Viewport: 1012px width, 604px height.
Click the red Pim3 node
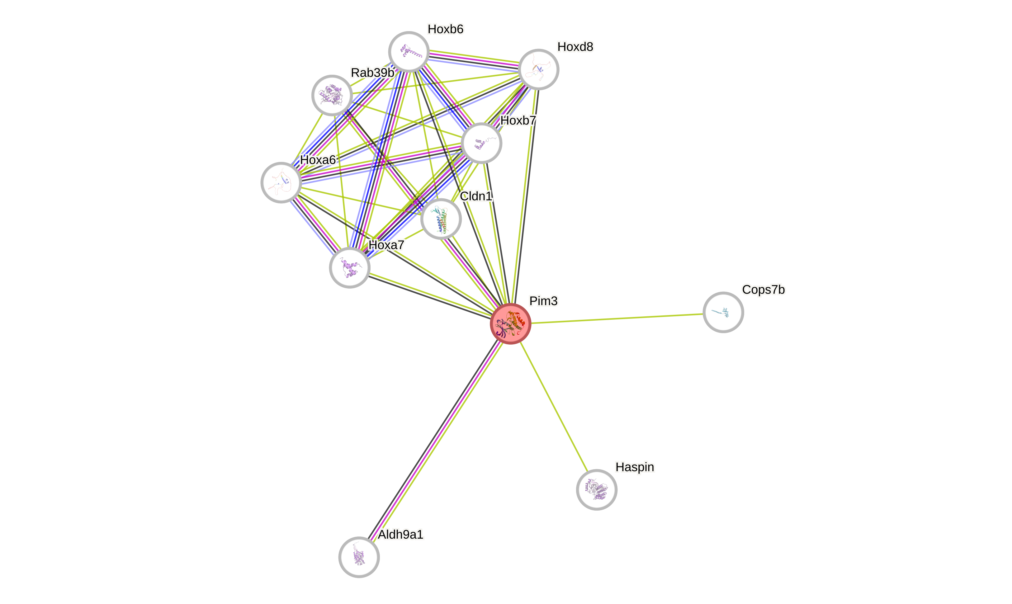point(510,323)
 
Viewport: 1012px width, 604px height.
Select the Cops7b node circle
point(723,312)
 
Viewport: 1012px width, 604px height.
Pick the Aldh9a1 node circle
point(359,557)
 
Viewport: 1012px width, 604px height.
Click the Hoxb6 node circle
point(409,52)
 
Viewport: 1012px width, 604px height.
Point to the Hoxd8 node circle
point(539,70)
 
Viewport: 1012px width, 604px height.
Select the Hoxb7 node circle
point(482,143)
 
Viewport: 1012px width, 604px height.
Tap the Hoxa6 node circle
point(281,182)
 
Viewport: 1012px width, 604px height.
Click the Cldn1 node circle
point(441,219)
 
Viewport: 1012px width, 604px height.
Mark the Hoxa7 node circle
point(350,268)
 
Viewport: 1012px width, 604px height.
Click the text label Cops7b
point(763,290)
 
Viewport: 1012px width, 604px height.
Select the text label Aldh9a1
point(401,534)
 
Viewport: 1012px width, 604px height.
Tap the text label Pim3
point(543,301)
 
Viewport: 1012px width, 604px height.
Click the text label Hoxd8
point(575,47)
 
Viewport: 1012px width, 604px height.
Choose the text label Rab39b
point(372,73)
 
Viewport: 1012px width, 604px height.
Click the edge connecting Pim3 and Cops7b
point(617,318)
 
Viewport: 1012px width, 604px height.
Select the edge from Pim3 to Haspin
point(554,407)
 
